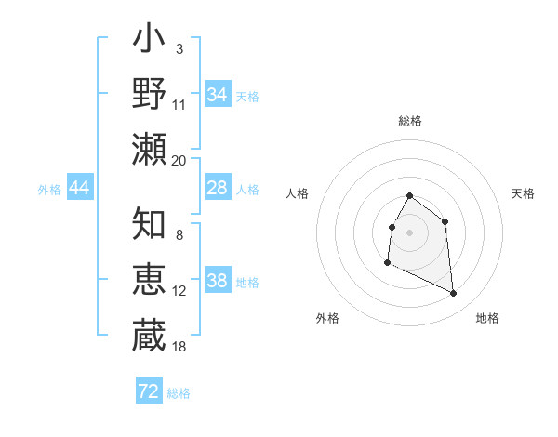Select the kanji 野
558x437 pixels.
point(149,94)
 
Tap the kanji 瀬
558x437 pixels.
point(149,148)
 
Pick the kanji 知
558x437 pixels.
point(149,223)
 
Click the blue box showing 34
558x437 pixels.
point(217,94)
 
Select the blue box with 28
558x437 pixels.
point(217,188)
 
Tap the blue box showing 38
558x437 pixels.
point(217,280)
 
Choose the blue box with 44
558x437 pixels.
point(79,188)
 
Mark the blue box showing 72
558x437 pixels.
point(149,391)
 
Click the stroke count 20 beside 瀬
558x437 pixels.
point(179,161)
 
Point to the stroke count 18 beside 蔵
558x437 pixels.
point(179,346)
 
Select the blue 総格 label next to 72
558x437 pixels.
point(179,393)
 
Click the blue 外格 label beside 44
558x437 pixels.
point(49,190)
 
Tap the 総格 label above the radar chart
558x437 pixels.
point(410,121)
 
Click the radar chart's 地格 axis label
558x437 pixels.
point(487,318)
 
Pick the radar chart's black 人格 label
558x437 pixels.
point(297,193)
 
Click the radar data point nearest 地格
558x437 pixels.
point(454,294)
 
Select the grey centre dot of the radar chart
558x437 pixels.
point(410,232)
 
